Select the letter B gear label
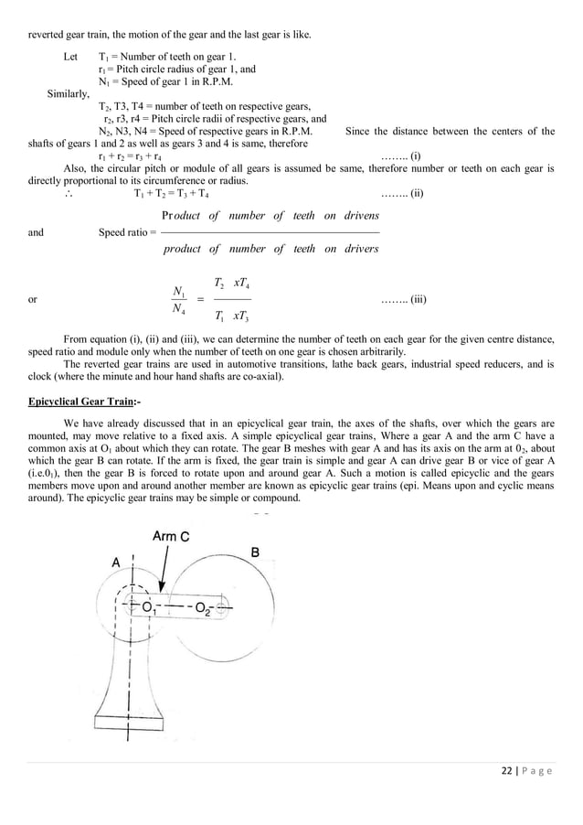coord(255,552)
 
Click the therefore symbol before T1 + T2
coord(67,194)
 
